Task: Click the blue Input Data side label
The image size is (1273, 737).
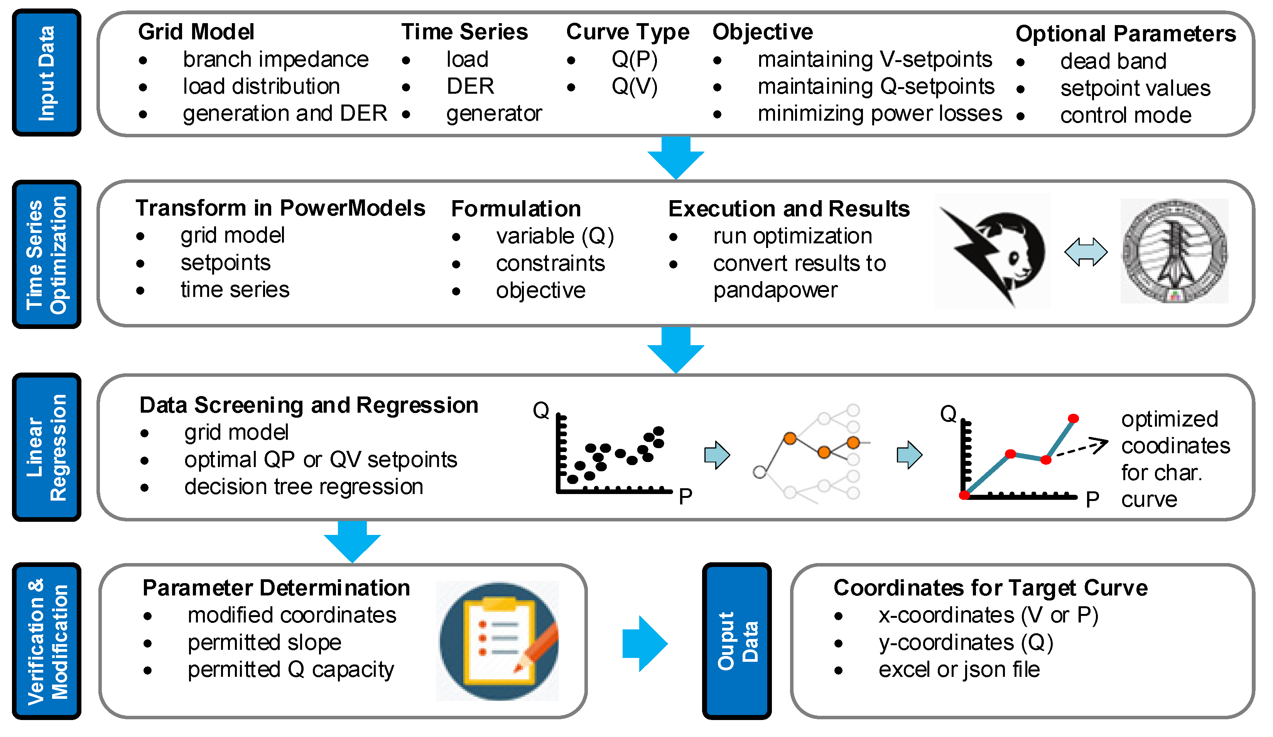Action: click(46, 73)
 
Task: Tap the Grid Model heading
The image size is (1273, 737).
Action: click(196, 32)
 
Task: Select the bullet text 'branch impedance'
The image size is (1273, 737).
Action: click(275, 60)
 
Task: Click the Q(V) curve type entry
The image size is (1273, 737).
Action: click(635, 86)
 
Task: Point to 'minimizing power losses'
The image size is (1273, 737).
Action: click(880, 114)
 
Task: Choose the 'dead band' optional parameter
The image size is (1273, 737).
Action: click(1113, 61)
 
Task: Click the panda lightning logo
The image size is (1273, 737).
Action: click(992, 251)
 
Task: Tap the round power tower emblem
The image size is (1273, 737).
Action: click(1174, 251)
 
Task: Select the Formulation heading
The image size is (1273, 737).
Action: click(516, 209)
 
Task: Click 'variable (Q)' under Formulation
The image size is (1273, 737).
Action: click(555, 236)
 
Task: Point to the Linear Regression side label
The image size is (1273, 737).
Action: click(46, 447)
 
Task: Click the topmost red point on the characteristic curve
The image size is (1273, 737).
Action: click(1073, 418)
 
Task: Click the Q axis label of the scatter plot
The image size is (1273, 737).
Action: click(540, 410)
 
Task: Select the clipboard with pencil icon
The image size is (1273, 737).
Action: click(498, 641)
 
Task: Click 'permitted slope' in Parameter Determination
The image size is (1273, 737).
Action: click(264, 643)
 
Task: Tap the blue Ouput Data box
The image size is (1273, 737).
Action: click(736, 641)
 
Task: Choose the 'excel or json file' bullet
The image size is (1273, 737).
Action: click(958, 670)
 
